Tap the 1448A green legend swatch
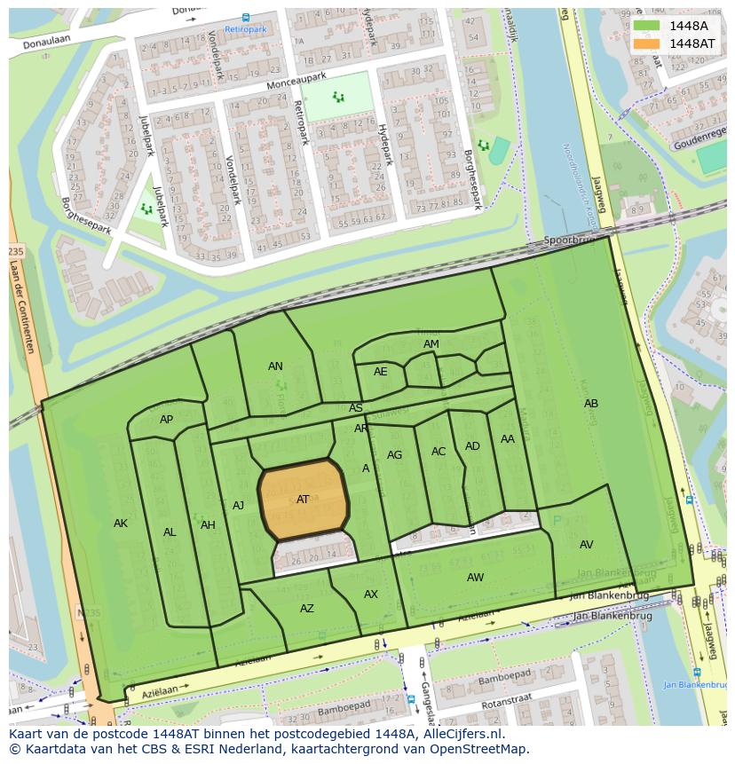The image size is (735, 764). pyautogui.click(x=647, y=26)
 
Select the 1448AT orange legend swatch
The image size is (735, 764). pyautogui.click(x=647, y=43)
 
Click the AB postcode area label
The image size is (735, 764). pyautogui.click(x=591, y=404)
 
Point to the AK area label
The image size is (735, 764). pyautogui.click(x=121, y=524)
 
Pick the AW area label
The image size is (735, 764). pyautogui.click(x=476, y=578)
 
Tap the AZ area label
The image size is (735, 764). pyautogui.click(x=307, y=609)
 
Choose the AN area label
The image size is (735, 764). pyautogui.click(x=276, y=366)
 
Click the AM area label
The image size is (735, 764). pyautogui.click(x=431, y=344)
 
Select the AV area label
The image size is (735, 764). pyautogui.click(x=586, y=545)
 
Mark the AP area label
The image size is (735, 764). pyautogui.click(x=167, y=420)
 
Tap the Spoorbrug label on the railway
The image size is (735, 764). pyautogui.click(x=567, y=240)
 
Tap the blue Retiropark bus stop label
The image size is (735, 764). pyautogui.click(x=245, y=29)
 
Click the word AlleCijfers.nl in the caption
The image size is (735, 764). pyautogui.click(x=462, y=734)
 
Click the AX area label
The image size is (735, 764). pyautogui.click(x=371, y=595)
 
